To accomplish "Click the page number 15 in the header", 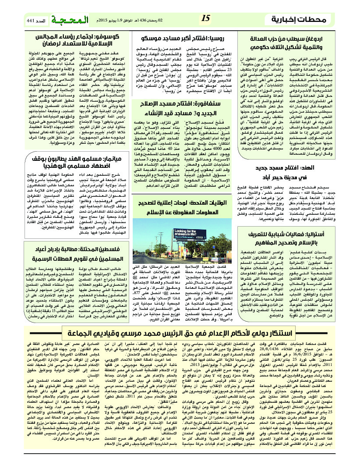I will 206,19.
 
